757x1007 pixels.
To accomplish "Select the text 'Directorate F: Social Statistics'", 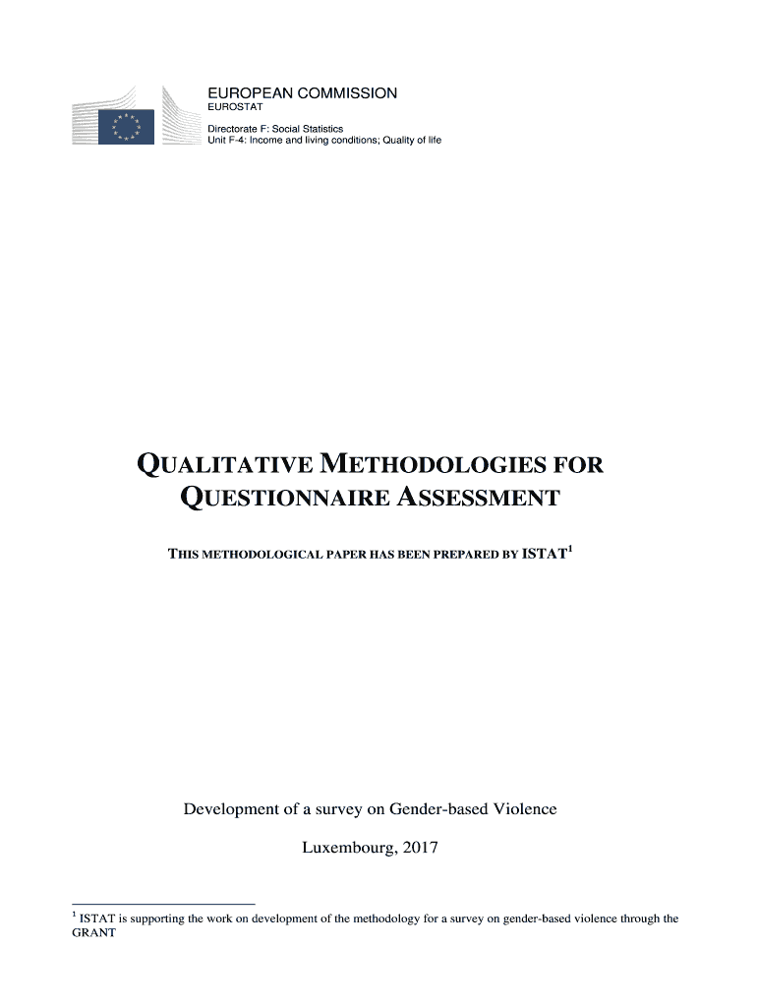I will coord(274,129).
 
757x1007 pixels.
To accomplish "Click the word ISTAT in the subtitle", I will coord(544,554).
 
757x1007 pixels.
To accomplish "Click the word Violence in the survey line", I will coord(524,809).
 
